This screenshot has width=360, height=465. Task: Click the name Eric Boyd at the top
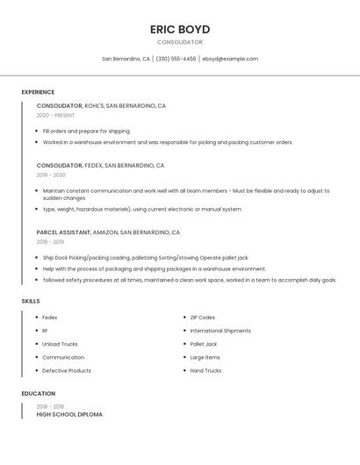180,29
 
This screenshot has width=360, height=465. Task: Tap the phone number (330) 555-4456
176,59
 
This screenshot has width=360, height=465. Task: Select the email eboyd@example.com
230,59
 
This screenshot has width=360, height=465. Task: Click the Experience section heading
38,92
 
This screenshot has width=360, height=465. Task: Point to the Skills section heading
31,301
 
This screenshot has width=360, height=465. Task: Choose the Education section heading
38,394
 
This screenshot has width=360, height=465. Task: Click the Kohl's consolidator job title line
101,105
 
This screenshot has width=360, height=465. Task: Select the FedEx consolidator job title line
100,165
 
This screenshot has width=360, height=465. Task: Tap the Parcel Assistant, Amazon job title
108,232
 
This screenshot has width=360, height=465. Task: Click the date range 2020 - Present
55,115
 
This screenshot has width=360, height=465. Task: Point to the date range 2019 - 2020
52,175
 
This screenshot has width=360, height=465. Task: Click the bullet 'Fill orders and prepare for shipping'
86,131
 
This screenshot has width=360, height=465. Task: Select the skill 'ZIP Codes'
202,318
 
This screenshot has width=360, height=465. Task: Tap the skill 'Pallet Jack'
203,344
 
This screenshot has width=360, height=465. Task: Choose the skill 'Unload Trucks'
60,344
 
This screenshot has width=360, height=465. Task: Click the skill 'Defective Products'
66,370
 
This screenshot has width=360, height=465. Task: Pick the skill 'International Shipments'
220,331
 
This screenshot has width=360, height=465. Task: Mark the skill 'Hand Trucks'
205,370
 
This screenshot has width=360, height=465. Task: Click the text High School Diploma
69,414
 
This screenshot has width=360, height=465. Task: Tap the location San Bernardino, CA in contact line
126,59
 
